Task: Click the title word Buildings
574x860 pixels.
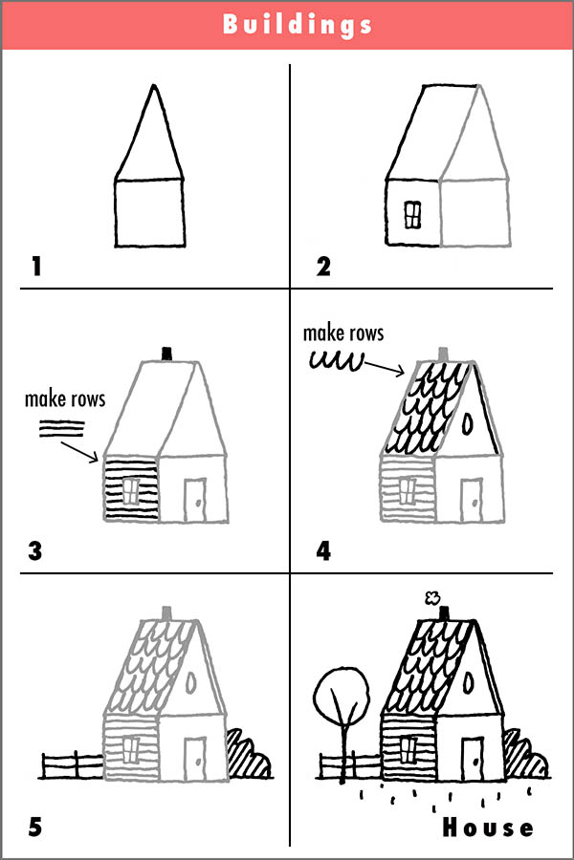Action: (x=297, y=24)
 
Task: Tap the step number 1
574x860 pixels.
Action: (x=36, y=265)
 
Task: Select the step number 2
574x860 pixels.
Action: (x=323, y=265)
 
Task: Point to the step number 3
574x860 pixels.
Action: (x=36, y=551)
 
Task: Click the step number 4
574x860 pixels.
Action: (x=323, y=551)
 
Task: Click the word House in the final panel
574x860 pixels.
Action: (x=488, y=827)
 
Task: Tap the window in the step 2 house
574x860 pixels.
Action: (x=412, y=215)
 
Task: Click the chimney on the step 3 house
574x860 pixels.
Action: (x=168, y=354)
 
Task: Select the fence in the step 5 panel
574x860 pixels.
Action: (x=73, y=764)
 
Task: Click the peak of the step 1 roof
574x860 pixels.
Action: (x=151, y=87)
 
